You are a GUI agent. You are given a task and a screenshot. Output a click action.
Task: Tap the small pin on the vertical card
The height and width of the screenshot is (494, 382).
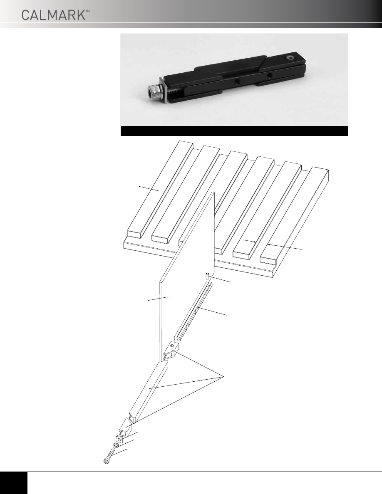point(208,276)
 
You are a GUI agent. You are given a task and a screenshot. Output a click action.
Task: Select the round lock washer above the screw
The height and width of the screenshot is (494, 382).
point(116,445)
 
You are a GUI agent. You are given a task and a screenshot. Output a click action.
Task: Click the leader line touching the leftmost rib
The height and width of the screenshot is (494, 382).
point(150,188)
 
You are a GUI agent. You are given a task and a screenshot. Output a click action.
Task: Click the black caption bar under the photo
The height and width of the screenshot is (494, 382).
point(235,131)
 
